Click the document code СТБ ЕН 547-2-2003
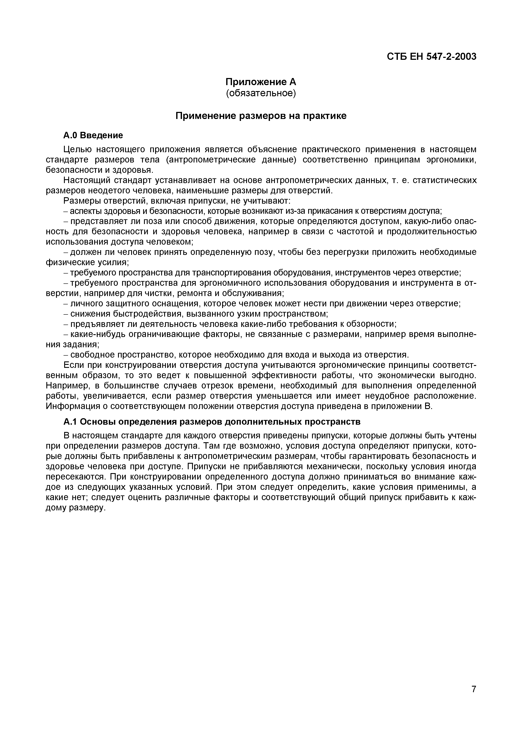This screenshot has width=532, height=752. (431, 57)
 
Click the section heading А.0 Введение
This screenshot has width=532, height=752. (93, 135)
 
